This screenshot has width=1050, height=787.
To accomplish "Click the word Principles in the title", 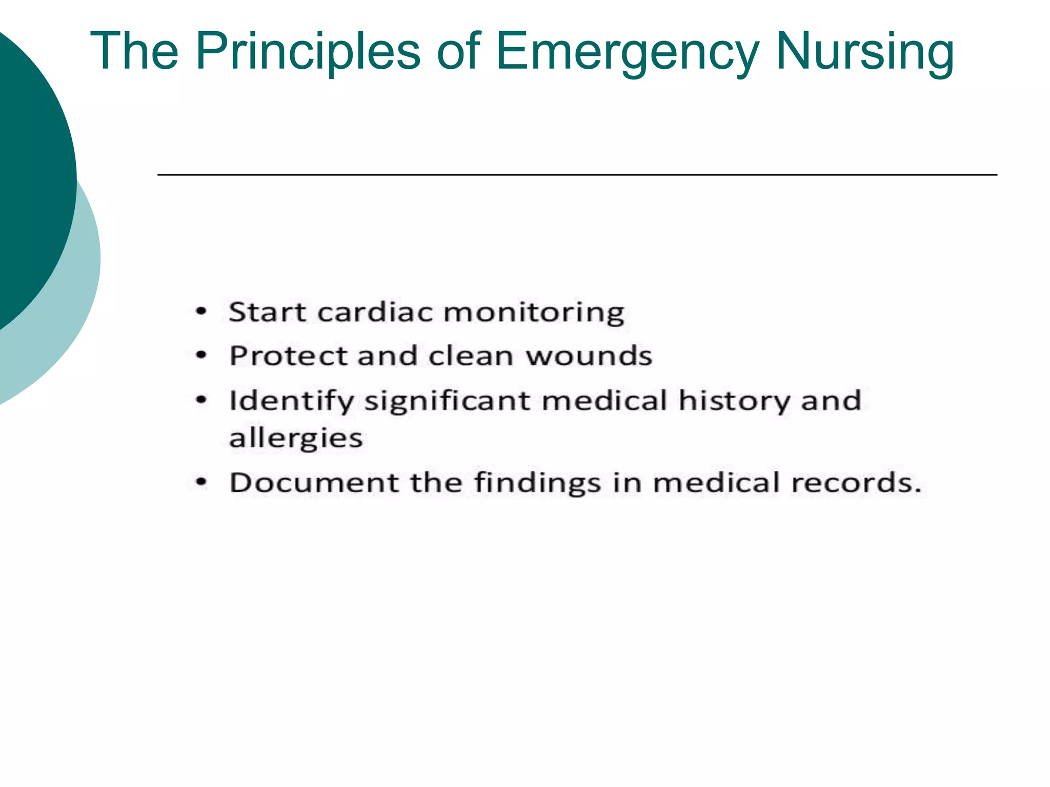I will pos(308,52).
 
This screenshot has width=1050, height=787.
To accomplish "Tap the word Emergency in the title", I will pos(627,52).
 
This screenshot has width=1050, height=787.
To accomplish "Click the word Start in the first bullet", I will pos(267,312).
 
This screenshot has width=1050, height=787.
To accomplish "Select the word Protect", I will pos(288,356).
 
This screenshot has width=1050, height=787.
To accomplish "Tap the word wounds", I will pos(589,356).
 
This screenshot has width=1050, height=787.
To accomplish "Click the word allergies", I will pos(296,439).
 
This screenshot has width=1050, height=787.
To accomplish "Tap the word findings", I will pos(537,483).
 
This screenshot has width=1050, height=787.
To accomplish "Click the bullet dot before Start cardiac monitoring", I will pos(201,311).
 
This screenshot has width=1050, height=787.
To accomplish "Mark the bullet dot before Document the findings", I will pos(201,482).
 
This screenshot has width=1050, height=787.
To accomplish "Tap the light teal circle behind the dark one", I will pos(77,307).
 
